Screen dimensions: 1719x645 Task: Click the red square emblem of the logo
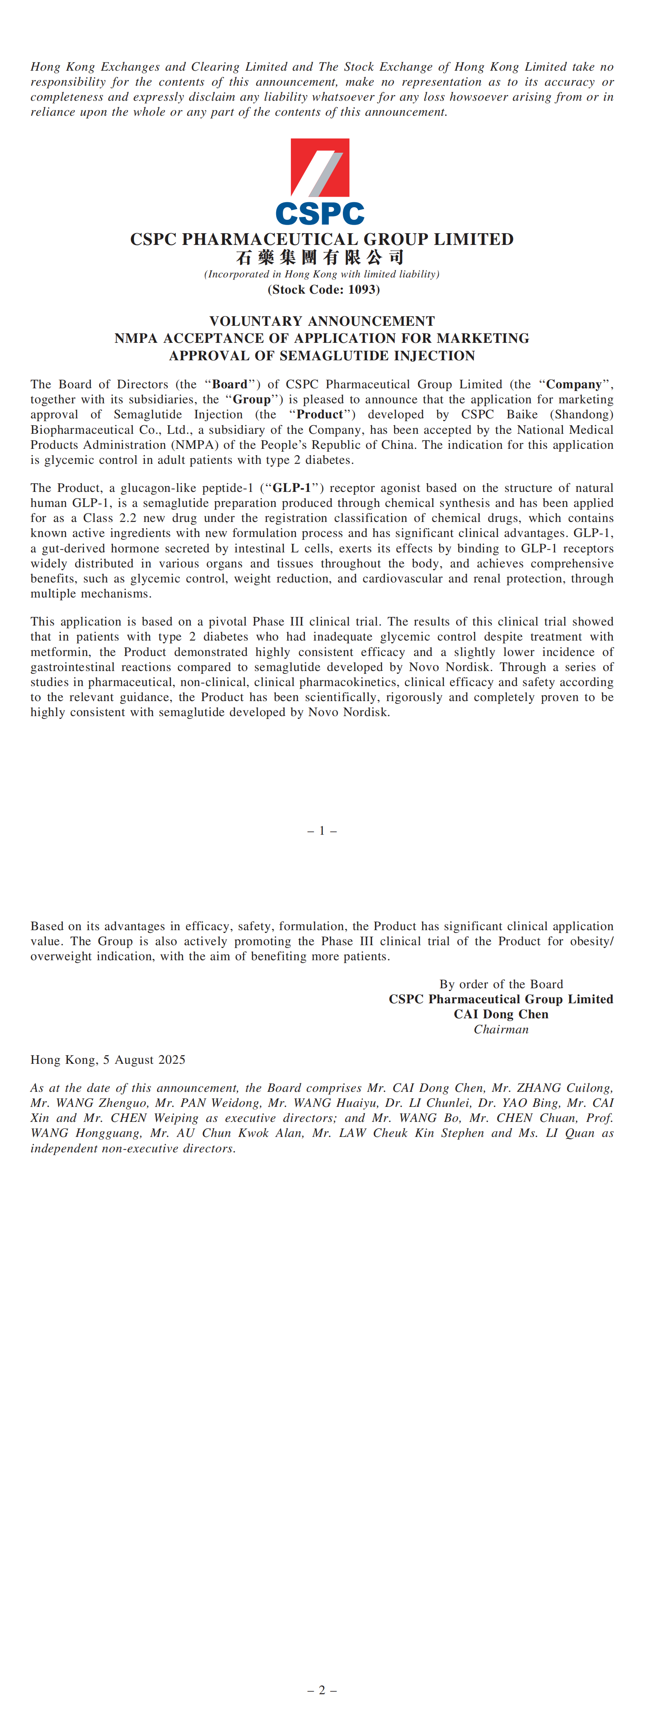tap(320, 167)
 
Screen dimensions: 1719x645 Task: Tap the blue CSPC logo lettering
tap(320, 214)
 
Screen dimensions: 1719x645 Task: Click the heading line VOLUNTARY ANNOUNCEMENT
tap(322, 321)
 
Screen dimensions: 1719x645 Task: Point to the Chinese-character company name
tap(320, 257)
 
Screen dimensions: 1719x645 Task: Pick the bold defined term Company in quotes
tap(573, 384)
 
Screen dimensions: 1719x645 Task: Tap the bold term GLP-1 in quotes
tap(292, 488)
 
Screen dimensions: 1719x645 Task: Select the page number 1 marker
tap(322, 831)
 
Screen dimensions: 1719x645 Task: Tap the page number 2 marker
tap(322, 1690)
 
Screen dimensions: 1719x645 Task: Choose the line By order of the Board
tap(501, 984)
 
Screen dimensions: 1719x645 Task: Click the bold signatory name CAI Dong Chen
tap(501, 1014)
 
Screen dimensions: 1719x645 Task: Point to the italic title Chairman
tap(501, 1030)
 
